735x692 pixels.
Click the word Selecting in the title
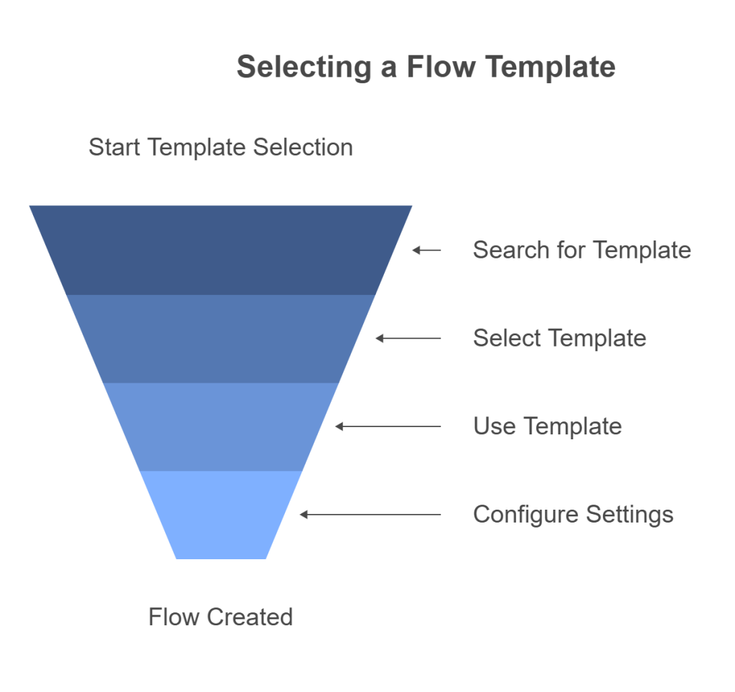pos(302,67)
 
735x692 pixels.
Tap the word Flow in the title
pos(441,67)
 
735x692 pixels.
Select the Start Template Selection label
pos(220,147)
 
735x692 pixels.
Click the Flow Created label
pos(220,617)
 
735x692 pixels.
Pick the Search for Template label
pos(581,250)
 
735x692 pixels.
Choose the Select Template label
pos(559,338)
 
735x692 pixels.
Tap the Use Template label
pos(547,426)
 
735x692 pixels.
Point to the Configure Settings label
pos(573,515)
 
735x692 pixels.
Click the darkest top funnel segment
pos(220,250)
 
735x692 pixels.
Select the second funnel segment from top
pos(220,338)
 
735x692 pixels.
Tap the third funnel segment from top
pos(220,426)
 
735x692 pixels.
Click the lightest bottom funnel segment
pos(220,515)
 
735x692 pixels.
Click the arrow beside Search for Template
pos(427,250)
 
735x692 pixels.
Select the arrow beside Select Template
pos(408,338)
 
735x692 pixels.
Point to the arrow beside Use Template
pos(388,426)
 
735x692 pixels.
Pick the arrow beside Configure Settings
pos(370,515)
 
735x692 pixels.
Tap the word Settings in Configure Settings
pos(629,515)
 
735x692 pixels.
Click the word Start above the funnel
pos(115,147)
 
